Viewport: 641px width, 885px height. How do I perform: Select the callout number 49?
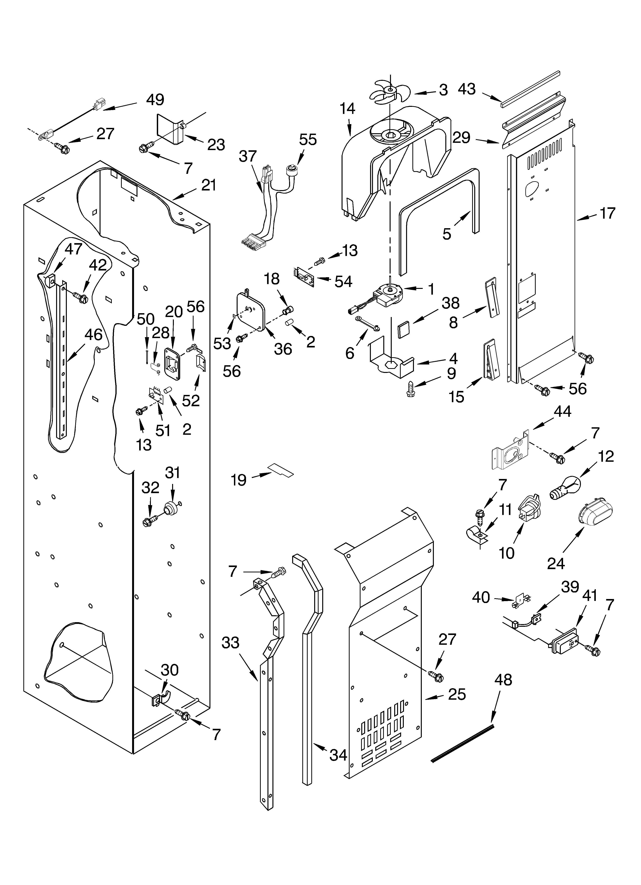(x=155, y=100)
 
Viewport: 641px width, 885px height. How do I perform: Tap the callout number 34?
(x=338, y=755)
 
